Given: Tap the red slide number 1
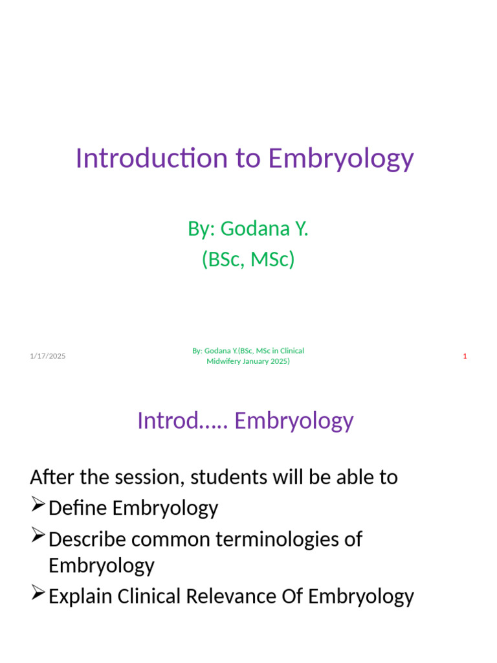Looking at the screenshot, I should (x=465, y=356).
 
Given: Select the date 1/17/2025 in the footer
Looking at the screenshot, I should (x=47, y=356).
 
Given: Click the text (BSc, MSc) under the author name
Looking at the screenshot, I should (x=248, y=259).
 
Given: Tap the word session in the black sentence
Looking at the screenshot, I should (x=143, y=478).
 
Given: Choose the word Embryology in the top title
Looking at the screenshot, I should (x=340, y=159).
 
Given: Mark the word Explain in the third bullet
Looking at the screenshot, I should (x=81, y=596).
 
